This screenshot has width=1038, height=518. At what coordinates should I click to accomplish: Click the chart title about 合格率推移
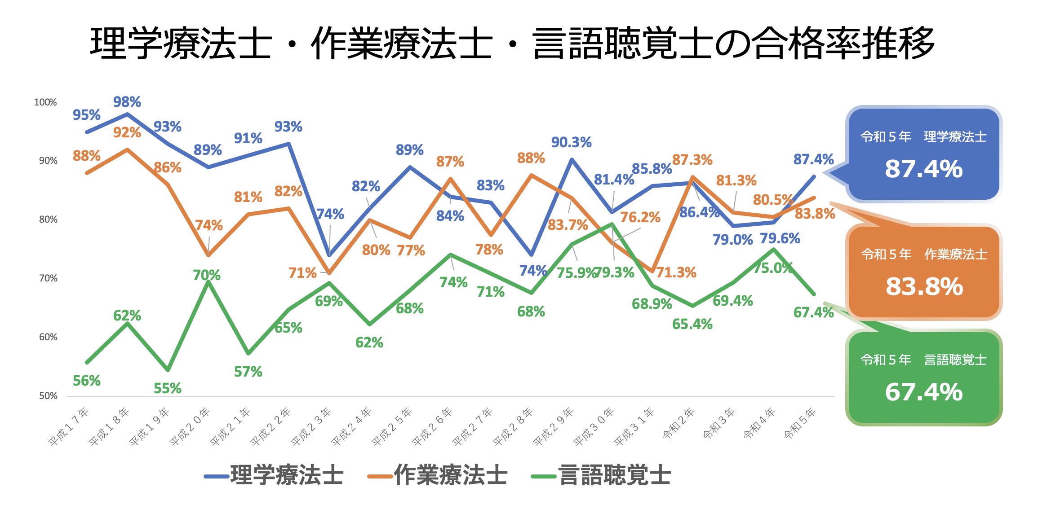[x=512, y=43]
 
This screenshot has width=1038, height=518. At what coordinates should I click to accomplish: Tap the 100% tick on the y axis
[x=45, y=102]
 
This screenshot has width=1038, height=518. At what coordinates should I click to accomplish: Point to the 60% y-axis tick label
[x=48, y=337]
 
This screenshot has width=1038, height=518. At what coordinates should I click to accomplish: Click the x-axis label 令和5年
[x=799, y=423]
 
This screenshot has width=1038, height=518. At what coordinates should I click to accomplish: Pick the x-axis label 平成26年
[x=432, y=427]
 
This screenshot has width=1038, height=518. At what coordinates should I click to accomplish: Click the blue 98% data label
[x=127, y=102]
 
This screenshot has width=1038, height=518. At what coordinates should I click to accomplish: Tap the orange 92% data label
[x=127, y=132]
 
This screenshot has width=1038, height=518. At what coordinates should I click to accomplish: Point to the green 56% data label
[x=87, y=381]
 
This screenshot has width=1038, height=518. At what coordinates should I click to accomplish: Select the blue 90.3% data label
[x=572, y=142]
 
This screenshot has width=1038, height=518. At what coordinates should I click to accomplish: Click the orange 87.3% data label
[x=692, y=160]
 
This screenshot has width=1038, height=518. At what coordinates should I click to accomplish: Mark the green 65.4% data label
[x=692, y=324]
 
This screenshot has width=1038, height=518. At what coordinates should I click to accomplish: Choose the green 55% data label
[x=168, y=388]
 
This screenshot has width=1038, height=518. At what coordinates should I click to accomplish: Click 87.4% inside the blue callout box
[x=924, y=169]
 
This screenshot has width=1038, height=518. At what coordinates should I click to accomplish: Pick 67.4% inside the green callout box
[x=924, y=392]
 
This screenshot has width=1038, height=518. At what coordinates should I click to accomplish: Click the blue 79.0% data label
[x=732, y=240]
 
